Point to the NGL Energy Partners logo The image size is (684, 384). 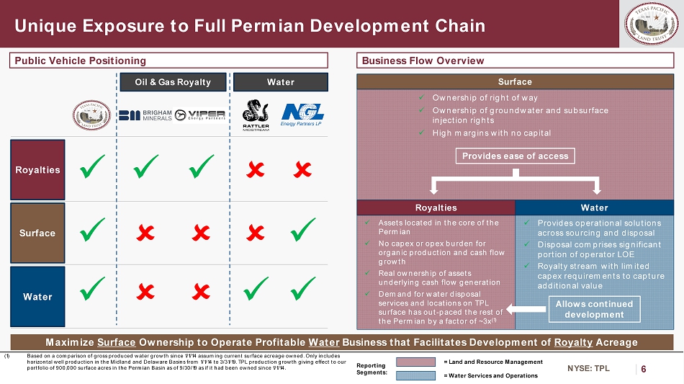tap(302, 114)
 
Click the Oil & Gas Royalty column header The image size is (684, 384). tap(173, 82)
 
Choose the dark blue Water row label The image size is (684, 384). tap(37, 296)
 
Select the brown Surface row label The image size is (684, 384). tap(37, 233)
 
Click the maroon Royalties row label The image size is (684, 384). tap(37, 170)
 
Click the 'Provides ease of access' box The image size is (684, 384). tap(515, 156)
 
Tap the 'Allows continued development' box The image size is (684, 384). tap(594, 309)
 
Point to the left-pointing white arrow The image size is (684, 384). tap(526, 309)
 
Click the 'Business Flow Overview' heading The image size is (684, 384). tap(423, 61)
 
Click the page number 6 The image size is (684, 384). tap(643, 368)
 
